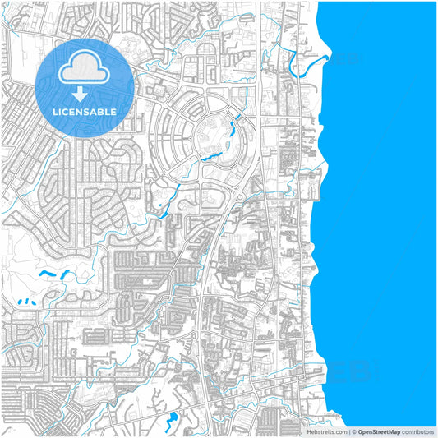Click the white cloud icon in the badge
[x=85, y=68]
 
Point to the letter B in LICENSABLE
[x=103, y=111]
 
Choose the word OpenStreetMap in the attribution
[x=379, y=431]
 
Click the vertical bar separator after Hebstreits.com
[x=348, y=431]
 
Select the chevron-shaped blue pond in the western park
[x=50, y=272]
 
